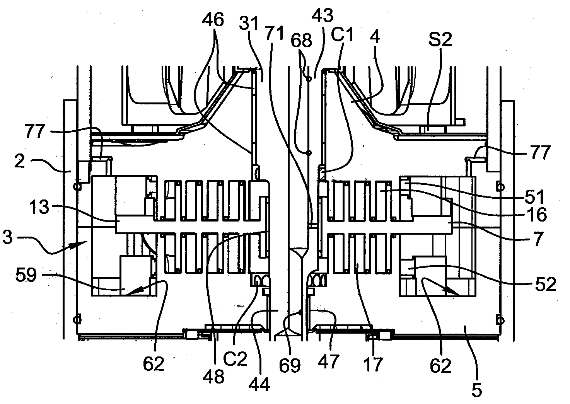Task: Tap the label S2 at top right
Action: pyautogui.click(x=440, y=39)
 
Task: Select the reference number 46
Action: pyautogui.click(x=213, y=19)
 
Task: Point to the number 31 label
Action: pyautogui.click(x=249, y=23)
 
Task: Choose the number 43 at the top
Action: pyautogui.click(x=323, y=15)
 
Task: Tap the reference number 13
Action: pyautogui.click(x=39, y=206)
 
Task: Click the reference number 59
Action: pyautogui.click(x=26, y=275)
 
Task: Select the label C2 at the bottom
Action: pyautogui.click(x=235, y=359)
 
